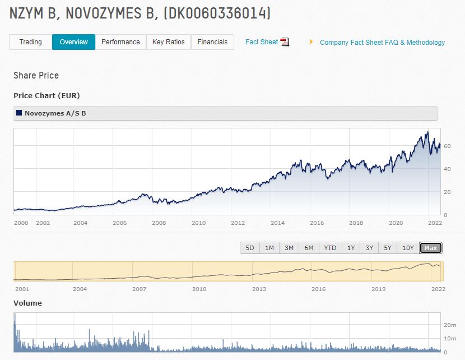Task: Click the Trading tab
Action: pyautogui.click(x=30, y=42)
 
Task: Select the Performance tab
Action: pyautogui.click(x=120, y=42)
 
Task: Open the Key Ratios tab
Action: pyautogui.click(x=168, y=42)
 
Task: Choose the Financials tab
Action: pyautogui.click(x=212, y=42)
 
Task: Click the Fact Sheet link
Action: pyautogui.click(x=262, y=42)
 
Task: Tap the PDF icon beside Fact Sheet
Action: pyautogui.click(x=285, y=42)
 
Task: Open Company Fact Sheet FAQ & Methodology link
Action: pyautogui.click(x=382, y=43)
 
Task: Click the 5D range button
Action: pyautogui.click(x=250, y=248)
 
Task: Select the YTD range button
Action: pyautogui.click(x=330, y=248)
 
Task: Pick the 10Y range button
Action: pyautogui.click(x=408, y=248)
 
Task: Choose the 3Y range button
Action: pyautogui.click(x=369, y=248)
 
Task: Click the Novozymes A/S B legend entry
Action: pyautogui.click(x=55, y=113)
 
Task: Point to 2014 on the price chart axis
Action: pyautogui.click(x=277, y=223)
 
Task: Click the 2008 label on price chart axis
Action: pyautogui.click(x=159, y=223)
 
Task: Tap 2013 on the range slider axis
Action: pyautogui.click(x=259, y=289)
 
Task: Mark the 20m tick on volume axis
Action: pyautogui.click(x=449, y=325)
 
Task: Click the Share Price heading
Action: pyautogui.click(x=36, y=75)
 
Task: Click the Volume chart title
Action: pyautogui.click(x=27, y=303)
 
